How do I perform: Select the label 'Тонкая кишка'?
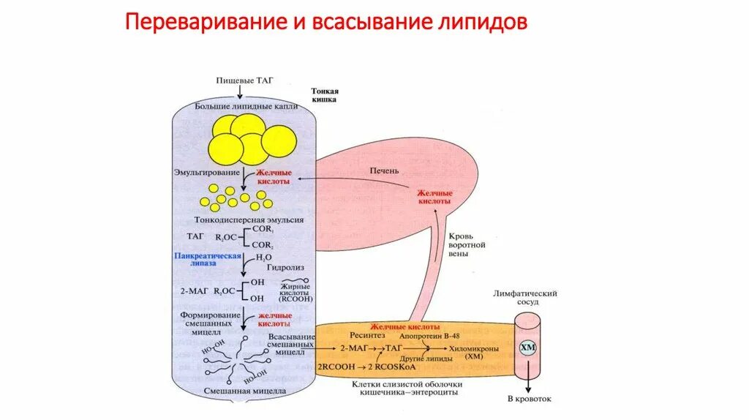323,94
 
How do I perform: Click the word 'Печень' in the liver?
385,170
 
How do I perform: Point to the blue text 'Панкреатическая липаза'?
208,260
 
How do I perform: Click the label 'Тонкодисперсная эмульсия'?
249,219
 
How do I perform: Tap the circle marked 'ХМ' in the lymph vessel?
527,348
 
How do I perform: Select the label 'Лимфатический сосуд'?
526,297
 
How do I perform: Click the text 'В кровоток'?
529,400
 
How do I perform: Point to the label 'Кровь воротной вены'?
467,245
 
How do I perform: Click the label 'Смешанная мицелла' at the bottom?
235,392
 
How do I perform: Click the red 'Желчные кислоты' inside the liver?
435,196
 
